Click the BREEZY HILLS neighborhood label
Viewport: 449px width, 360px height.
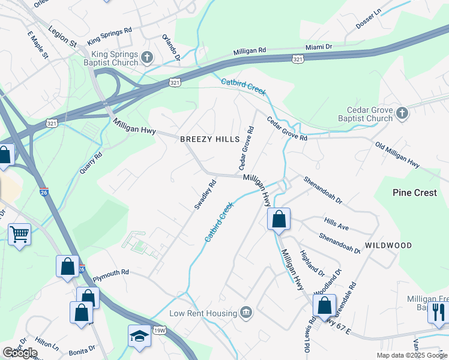pos(210,139)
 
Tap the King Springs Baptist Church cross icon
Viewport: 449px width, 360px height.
pos(148,58)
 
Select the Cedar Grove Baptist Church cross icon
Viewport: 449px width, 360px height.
pos(402,113)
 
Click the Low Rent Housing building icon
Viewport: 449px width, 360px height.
pos(246,313)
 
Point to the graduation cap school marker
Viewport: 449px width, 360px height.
pos(139,337)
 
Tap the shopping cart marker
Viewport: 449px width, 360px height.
pos(19,233)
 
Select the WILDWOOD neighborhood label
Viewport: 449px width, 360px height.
pos(388,245)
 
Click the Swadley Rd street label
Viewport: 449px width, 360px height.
pos(205,196)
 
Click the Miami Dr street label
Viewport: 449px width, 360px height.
pos(318,47)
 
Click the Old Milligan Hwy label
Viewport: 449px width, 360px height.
pos(397,154)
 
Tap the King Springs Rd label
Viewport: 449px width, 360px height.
pos(109,36)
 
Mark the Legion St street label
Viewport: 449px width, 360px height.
pos(64,37)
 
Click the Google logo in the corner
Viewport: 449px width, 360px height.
pos(20,353)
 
